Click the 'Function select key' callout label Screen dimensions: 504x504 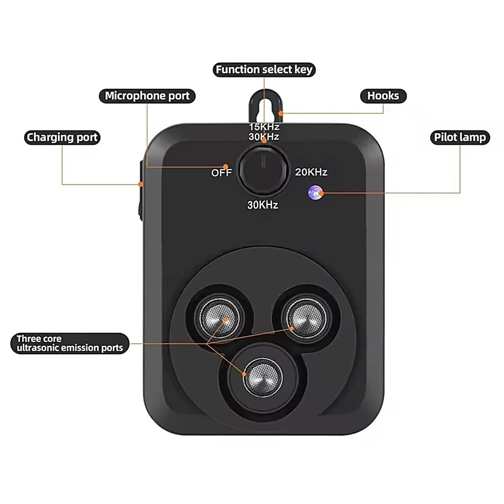click(x=264, y=70)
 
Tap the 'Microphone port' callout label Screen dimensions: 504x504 click(x=147, y=96)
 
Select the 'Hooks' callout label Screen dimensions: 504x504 click(x=383, y=96)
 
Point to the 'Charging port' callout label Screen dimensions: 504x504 click(x=62, y=138)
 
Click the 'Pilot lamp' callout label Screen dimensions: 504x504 click(x=460, y=138)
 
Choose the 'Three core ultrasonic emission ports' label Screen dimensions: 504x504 click(x=70, y=343)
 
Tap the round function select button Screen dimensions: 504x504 click(x=263, y=170)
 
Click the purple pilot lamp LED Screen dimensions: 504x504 click(x=315, y=192)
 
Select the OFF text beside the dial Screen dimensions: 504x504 click(x=221, y=173)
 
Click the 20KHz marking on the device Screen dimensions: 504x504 click(x=311, y=172)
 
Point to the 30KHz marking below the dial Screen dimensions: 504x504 click(x=263, y=205)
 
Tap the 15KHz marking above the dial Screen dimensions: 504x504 click(x=264, y=127)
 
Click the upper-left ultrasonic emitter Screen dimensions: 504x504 click(x=219, y=317)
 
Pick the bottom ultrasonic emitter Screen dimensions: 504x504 click(x=263, y=377)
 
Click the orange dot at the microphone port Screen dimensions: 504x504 click(x=225, y=166)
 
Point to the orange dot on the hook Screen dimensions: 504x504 click(x=281, y=113)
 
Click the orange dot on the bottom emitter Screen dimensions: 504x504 click(x=244, y=374)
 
